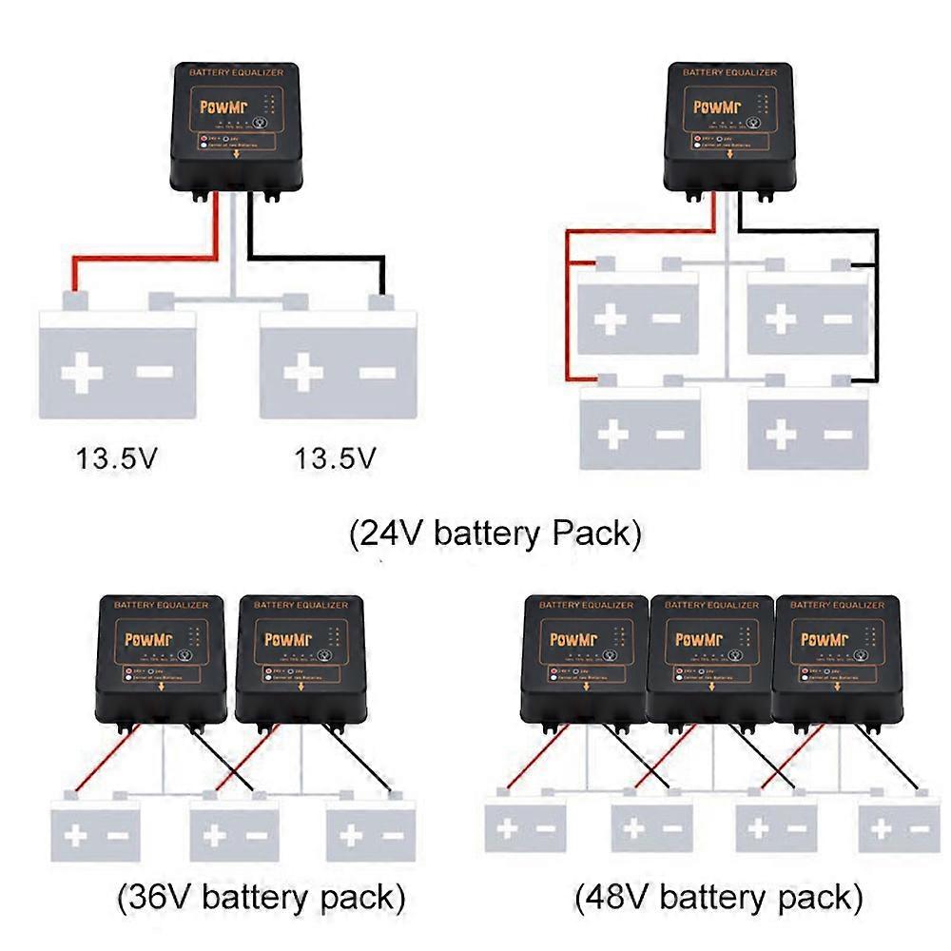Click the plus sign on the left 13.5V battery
click(x=82, y=373)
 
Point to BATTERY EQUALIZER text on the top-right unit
click(x=729, y=72)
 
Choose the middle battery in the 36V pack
click(x=235, y=829)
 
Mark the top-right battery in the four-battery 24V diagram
click(x=806, y=314)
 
